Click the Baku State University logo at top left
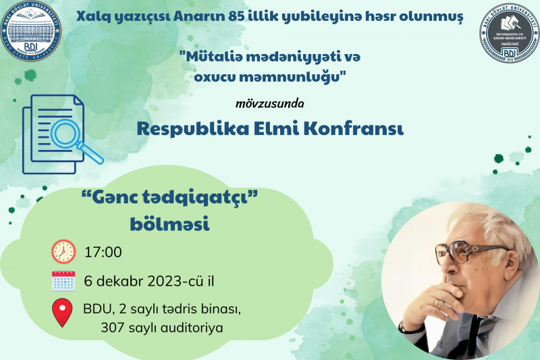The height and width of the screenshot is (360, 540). coord(32,32)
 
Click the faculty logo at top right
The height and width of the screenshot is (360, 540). coord(508,32)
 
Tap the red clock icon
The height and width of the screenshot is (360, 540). coord(63,252)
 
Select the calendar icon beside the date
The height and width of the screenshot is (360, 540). coord(63,280)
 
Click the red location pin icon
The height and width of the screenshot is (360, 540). coord(63,312)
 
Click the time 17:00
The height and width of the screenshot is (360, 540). coord(103,253)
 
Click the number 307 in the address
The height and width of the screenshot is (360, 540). coord(114,328)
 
